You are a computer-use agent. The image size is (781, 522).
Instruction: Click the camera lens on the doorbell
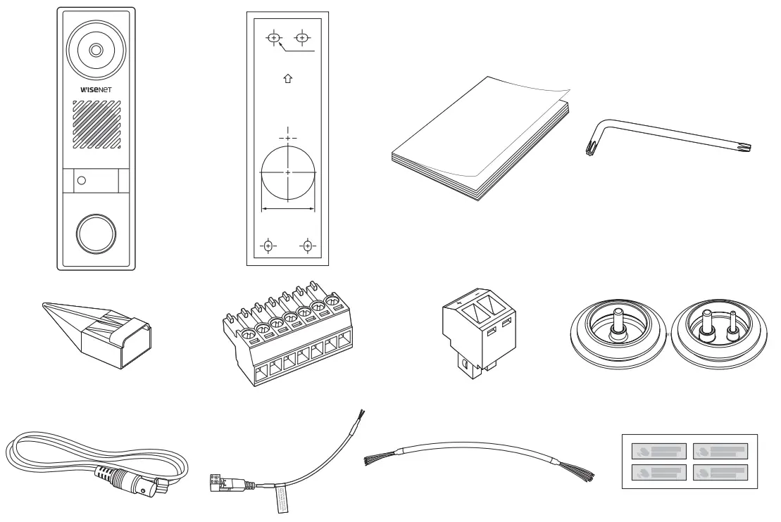96,50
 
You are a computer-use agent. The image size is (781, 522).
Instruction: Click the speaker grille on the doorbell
96,125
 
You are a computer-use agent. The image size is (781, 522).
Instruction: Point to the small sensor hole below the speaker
81,181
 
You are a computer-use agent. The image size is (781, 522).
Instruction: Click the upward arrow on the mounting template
287,79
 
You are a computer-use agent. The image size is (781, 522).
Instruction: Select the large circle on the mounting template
287,173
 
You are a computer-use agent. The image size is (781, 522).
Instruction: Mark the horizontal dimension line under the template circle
287,208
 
